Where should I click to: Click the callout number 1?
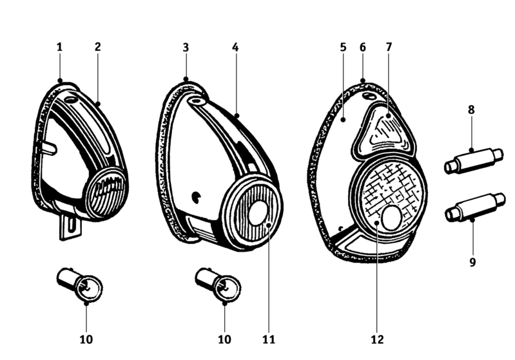pos(59,47)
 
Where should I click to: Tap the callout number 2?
pos(97,47)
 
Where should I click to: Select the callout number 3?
pos(186,47)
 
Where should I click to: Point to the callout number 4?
pos(235,47)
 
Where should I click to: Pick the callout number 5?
pos(343,47)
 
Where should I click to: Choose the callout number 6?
pos(363,47)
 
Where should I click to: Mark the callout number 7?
pos(389,47)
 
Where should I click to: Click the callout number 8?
pos(471,110)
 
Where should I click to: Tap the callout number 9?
pos(472,262)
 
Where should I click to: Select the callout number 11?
pos(269,338)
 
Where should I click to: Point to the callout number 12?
pos(378,338)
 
